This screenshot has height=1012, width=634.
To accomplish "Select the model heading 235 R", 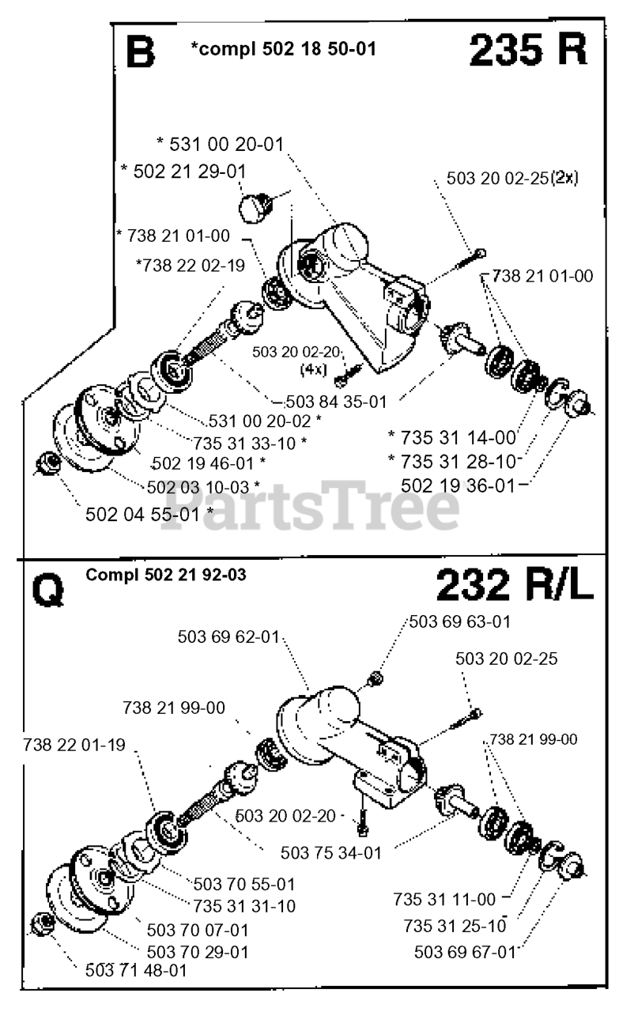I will (527, 51).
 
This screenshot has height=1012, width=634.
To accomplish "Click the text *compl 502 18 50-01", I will (283, 49).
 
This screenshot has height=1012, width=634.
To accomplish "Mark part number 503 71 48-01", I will (136, 969).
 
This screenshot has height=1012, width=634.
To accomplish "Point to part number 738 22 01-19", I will (74, 744).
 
